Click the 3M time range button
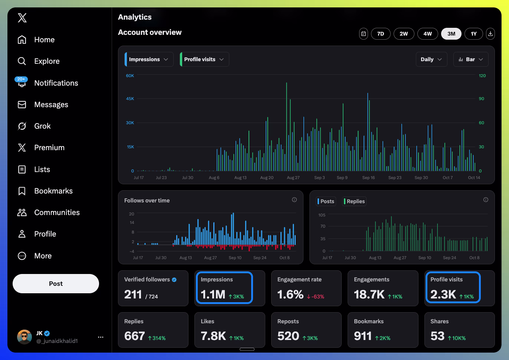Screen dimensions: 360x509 (451, 34)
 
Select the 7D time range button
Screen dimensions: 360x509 (381, 34)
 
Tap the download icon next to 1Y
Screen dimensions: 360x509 (490, 34)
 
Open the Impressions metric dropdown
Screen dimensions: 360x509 (149, 59)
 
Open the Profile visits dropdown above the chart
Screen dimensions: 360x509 (204, 59)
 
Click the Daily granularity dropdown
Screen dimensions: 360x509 (431, 59)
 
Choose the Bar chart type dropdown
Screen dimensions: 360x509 (471, 59)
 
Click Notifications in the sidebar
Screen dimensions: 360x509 (56, 83)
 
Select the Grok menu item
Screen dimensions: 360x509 (42, 126)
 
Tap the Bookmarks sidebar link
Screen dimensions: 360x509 (53, 191)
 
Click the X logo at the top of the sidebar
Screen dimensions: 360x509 (22, 18)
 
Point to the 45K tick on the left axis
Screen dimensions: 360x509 (130, 99)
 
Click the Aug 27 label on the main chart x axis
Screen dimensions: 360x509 (293, 178)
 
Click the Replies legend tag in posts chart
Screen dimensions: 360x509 (355, 201)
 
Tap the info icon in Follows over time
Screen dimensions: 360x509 (294, 200)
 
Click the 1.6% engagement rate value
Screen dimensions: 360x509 (290, 294)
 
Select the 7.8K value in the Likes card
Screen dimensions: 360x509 (213, 336)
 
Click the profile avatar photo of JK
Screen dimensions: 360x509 (24, 337)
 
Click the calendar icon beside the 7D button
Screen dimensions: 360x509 (364, 34)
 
